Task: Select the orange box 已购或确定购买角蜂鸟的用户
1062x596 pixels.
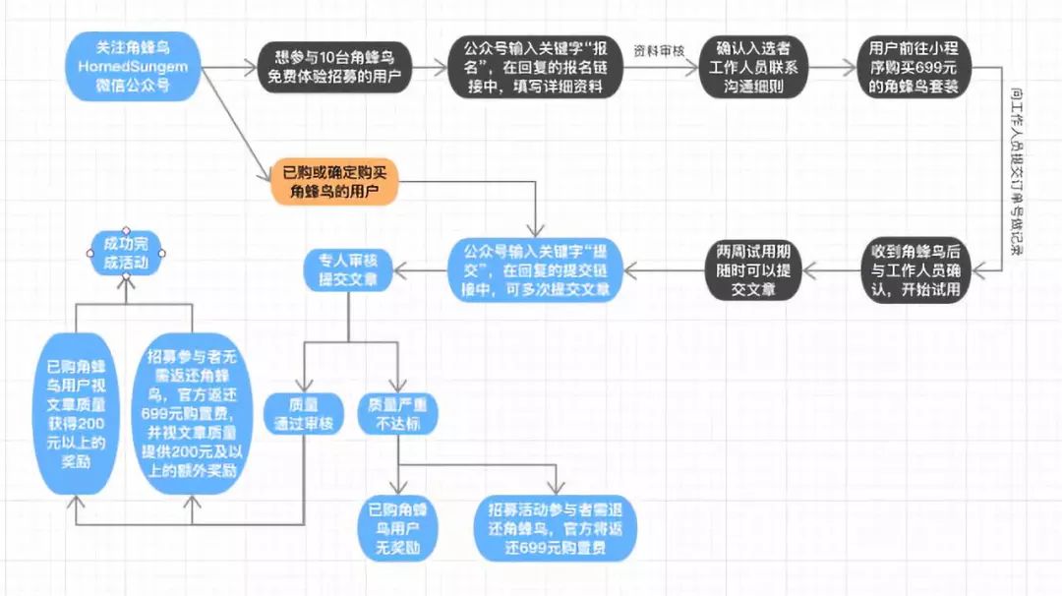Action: click(334, 181)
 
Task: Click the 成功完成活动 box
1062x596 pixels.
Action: click(125, 252)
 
